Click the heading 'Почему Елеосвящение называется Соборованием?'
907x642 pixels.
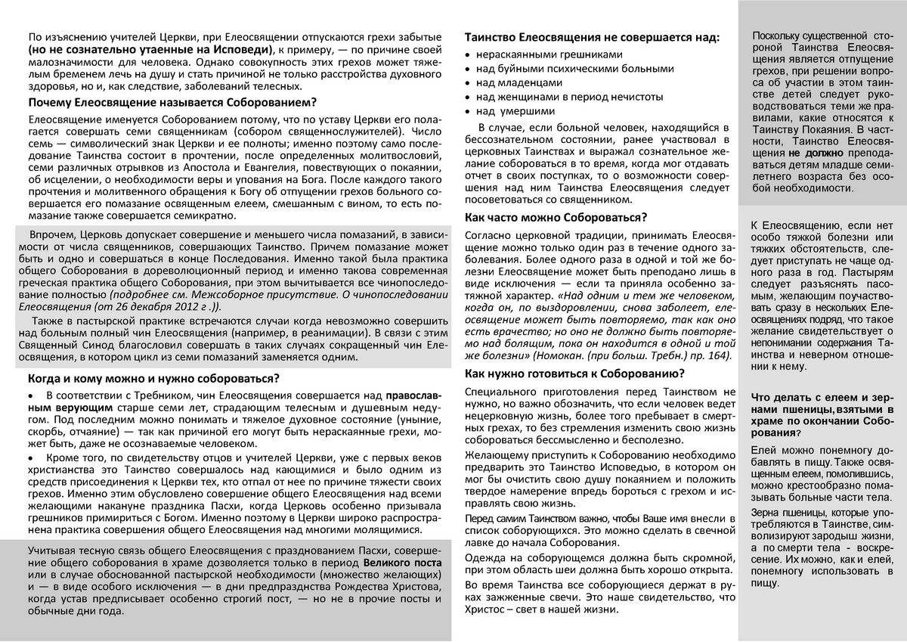tap(172, 102)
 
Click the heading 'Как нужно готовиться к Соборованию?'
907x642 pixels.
tap(574, 373)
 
